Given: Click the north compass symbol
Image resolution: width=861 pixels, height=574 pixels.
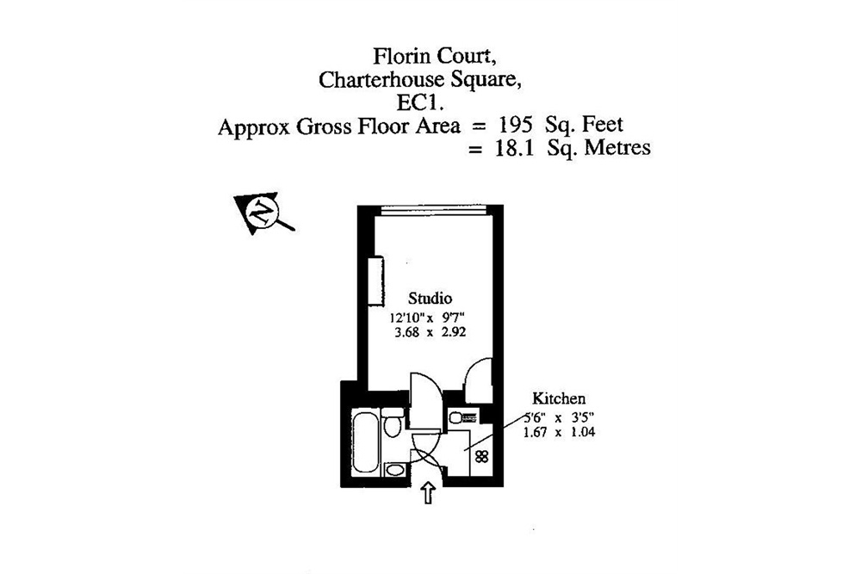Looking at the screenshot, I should (x=261, y=211).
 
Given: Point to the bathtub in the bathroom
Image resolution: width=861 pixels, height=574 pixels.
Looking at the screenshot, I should (x=365, y=443).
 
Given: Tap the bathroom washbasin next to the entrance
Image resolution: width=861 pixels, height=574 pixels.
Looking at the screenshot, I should (x=394, y=470).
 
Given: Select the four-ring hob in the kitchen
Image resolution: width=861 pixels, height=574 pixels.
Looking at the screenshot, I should (x=482, y=457).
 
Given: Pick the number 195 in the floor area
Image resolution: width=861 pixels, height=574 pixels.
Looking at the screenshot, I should (x=515, y=126).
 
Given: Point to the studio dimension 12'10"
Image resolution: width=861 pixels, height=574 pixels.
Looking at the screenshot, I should (x=406, y=316).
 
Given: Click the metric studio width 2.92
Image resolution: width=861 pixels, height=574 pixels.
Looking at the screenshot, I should (x=453, y=330).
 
